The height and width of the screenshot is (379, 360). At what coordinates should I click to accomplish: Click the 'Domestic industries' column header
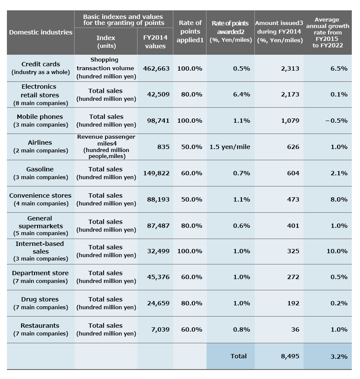click(x=41, y=32)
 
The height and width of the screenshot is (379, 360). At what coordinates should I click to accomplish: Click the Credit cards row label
click(x=41, y=68)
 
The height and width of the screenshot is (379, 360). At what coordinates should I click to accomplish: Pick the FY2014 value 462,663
click(x=156, y=68)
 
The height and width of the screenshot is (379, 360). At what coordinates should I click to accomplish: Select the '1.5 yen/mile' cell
click(x=230, y=147)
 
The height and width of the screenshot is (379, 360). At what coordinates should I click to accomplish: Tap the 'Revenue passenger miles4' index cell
click(x=106, y=146)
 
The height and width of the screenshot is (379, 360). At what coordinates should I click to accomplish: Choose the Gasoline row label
click(x=41, y=173)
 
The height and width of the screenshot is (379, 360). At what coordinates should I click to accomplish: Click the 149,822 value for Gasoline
click(x=156, y=173)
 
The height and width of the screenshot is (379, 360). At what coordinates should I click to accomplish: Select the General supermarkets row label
click(x=41, y=226)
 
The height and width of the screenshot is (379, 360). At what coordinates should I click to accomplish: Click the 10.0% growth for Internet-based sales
click(x=337, y=251)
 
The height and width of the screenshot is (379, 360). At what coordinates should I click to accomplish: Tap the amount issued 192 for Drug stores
click(x=293, y=303)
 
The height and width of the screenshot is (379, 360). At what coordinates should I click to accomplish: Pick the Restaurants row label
click(x=41, y=329)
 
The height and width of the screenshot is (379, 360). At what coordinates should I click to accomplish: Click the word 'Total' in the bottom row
click(x=238, y=356)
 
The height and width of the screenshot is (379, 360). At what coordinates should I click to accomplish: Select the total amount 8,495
click(x=290, y=356)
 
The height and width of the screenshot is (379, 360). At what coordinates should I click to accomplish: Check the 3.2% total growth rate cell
click(x=339, y=356)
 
